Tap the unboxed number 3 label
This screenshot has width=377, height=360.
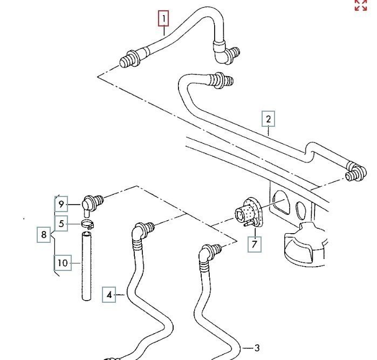pos(257,348)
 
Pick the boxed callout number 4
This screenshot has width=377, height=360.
pos(109,295)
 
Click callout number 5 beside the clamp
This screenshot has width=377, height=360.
pos(61,223)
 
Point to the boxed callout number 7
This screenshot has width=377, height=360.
pos(254,244)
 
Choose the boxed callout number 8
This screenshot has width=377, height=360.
pos(44,235)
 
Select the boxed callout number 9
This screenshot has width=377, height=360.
pos(61,205)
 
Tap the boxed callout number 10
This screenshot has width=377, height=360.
pos(63,263)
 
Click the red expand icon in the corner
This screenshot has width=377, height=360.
pos(360,5)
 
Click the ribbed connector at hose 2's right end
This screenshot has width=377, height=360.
pos(355,171)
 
